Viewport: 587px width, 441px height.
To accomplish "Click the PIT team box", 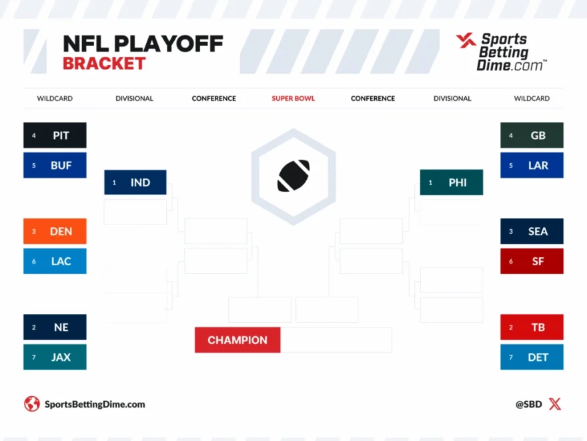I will click(55, 135).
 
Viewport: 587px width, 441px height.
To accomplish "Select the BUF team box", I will click(55, 165).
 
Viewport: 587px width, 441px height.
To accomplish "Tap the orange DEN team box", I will click(55, 231).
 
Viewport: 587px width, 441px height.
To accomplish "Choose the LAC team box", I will click(55, 261).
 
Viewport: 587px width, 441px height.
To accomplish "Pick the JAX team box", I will click(55, 357).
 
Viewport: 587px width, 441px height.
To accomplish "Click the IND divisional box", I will click(135, 182).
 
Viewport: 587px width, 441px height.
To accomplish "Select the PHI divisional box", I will click(452, 182).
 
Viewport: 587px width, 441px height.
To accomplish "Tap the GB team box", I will click(532, 135).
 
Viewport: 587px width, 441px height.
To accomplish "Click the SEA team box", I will click(532, 231).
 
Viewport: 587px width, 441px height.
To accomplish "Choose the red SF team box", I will click(532, 261).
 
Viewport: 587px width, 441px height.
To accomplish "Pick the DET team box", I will click(532, 357).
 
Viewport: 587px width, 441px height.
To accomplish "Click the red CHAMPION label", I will click(237, 340).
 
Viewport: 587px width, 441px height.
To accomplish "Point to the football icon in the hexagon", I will click(293, 176).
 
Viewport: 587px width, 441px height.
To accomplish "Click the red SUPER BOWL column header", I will click(293, 98).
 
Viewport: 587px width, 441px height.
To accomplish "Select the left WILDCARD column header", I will click(55, 98).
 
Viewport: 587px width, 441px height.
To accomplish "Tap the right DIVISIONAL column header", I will click(452, 98).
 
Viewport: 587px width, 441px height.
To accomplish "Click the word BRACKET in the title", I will click(104, 63).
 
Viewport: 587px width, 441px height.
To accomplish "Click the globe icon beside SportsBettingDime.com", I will click(32, 404).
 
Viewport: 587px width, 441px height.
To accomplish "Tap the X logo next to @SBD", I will click(555, 404).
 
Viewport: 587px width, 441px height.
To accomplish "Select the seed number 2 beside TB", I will click(511, 327).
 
